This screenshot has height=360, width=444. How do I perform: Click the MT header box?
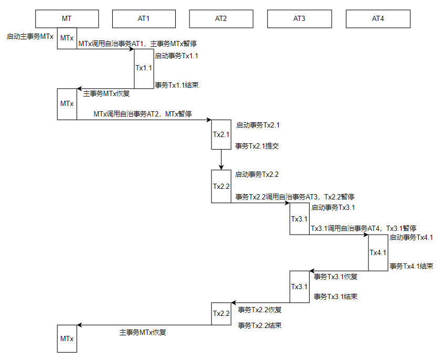point(67,19)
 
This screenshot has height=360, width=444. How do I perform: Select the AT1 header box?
point(144,19)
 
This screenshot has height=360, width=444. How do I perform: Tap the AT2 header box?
point(221,19)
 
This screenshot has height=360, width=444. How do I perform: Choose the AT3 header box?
point(299,19)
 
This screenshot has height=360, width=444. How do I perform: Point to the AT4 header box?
point(378,19)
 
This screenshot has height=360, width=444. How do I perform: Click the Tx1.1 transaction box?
point(144,69)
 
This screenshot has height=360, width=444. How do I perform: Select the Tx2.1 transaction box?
point(221,134)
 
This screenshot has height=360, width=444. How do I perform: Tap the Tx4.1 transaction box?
point(378,252)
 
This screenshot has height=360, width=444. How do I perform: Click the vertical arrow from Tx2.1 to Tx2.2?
point(221,160)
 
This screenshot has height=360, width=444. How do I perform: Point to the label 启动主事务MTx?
point(30,37)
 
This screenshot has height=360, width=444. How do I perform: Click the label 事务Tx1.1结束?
point(177,85)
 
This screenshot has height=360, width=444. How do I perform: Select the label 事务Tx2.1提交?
point(257,146)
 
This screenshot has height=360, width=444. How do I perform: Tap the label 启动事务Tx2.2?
point(257,174)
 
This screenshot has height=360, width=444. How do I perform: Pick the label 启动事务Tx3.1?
point(333,208)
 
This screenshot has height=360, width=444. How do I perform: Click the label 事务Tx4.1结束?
point(411,266)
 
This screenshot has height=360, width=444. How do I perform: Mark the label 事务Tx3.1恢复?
point(335,277)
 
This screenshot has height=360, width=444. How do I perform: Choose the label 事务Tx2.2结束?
point(260,325)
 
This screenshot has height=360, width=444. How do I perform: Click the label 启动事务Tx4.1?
point(411,237)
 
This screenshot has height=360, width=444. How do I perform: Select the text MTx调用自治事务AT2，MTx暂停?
point(143,114)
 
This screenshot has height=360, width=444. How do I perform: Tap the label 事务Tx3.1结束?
point(335,297)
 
